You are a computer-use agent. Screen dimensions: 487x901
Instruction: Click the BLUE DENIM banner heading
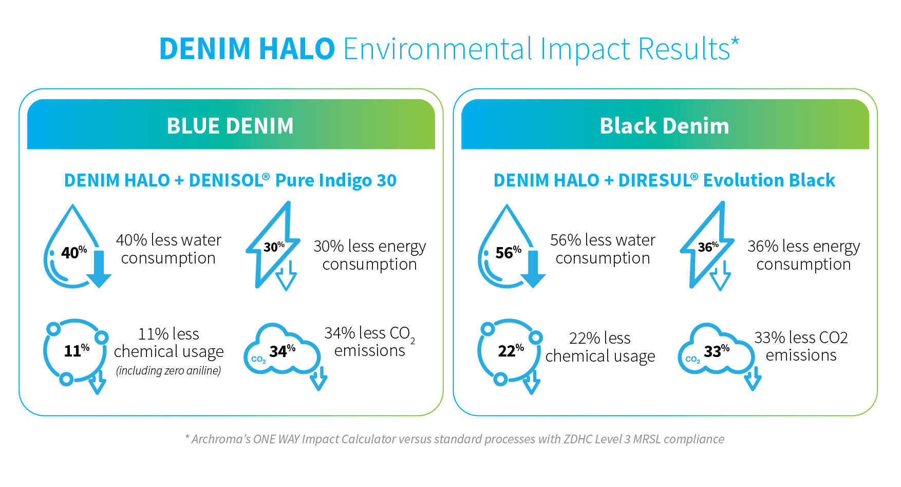(x=230, y=126)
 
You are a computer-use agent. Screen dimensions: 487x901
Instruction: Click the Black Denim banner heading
(x=664, y=126)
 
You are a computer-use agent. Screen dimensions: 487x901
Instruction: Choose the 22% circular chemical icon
(x=509, y=351)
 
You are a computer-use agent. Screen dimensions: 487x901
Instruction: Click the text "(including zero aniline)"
(x=168, y=370)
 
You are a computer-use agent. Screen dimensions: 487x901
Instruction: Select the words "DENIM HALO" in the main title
(x=247, y=49)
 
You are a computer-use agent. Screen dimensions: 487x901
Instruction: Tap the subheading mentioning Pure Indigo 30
(x=230, y=180)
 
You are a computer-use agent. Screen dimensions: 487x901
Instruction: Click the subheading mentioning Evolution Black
(x=664, y=180)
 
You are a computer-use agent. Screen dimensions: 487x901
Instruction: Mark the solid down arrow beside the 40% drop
(x=99, y=270)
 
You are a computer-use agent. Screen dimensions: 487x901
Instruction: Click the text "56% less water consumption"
(x=603, y=249)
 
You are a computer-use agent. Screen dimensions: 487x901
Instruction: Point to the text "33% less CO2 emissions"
(x=801, y=346)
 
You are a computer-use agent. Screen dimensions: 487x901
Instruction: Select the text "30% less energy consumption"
(x=369, y=255)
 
